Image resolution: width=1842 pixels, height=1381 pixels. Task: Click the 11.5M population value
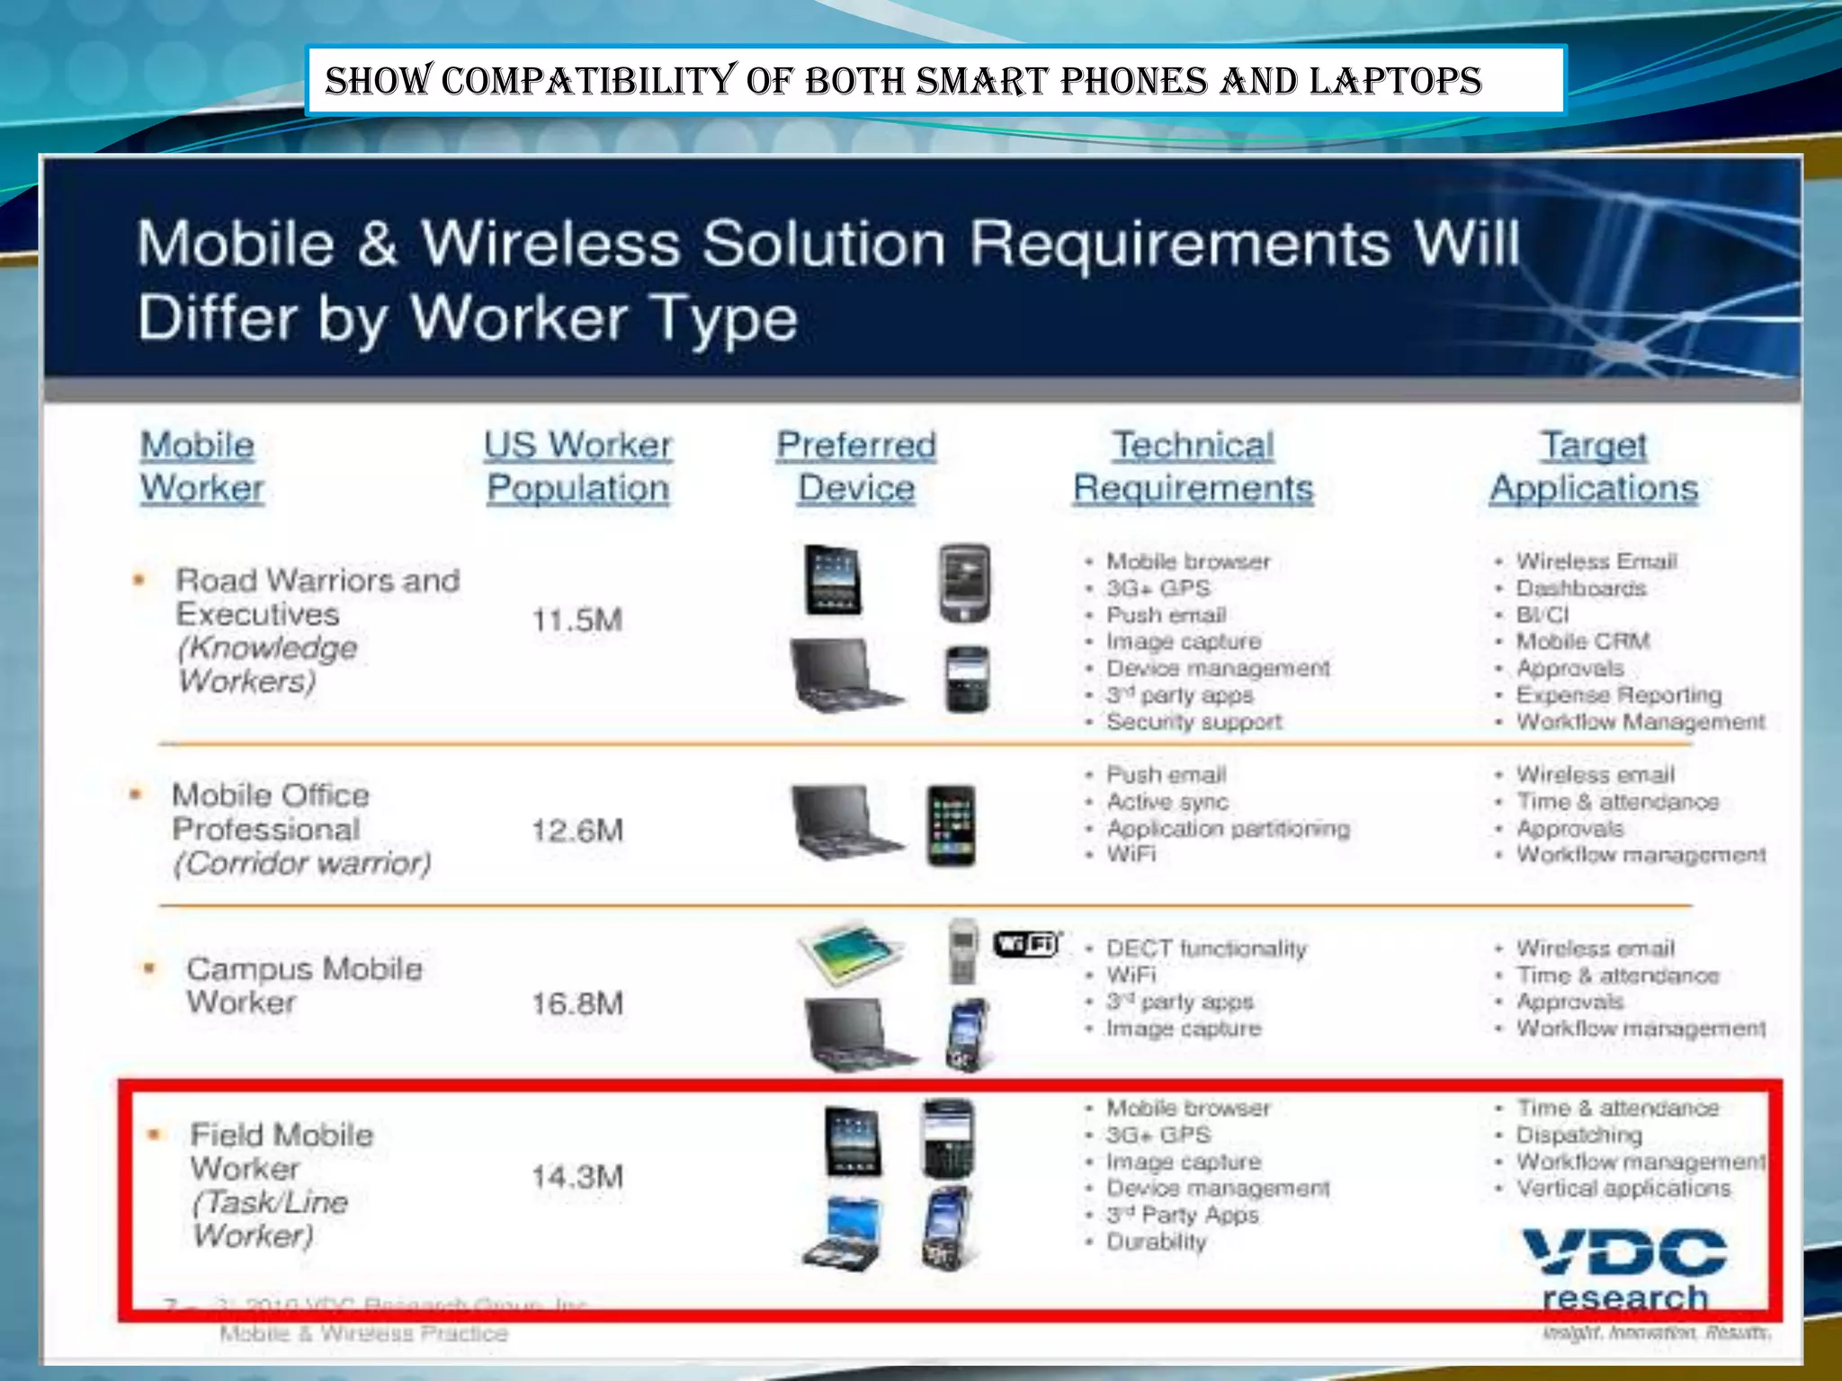(577, 620)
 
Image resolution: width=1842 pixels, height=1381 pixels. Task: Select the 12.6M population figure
(577, 831)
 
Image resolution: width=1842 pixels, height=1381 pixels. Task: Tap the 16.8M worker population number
(577, 1004)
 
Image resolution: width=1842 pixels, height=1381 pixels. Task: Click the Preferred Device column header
(856, 467)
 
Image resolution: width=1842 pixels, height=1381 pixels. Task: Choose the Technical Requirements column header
(1193, 467)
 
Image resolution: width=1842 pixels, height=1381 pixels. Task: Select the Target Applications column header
(1594, 467)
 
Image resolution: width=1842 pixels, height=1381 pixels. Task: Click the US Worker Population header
(577, 467)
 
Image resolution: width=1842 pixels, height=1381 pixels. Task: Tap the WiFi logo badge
(1026, 944)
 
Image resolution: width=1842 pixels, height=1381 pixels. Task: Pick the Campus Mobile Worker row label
(304, 985)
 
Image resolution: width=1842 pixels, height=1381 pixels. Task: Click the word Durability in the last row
(1157, 1243)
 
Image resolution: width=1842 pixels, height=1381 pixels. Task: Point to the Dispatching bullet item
(1579, 1136)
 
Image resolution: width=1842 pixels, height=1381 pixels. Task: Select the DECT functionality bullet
(1206, 949)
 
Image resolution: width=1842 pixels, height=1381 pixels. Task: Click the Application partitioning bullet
(1228, 828)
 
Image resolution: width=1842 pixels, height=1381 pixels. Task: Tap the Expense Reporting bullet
(1619, 695)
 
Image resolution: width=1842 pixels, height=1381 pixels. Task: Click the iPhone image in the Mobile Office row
(951, 825)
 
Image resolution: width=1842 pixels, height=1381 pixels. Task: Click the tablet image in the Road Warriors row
(832, 580)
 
